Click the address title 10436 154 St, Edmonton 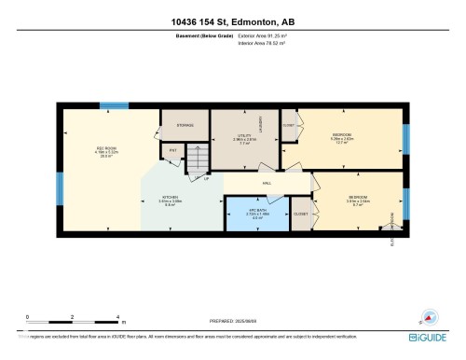(232, 20)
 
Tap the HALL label (267, 183)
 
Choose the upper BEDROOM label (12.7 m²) (342, 137)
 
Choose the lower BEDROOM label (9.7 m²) (359, 199)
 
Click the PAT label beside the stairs (171, 150)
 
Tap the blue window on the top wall (114, 104)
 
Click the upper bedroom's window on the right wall (405, 137)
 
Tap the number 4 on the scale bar (117, 318)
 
